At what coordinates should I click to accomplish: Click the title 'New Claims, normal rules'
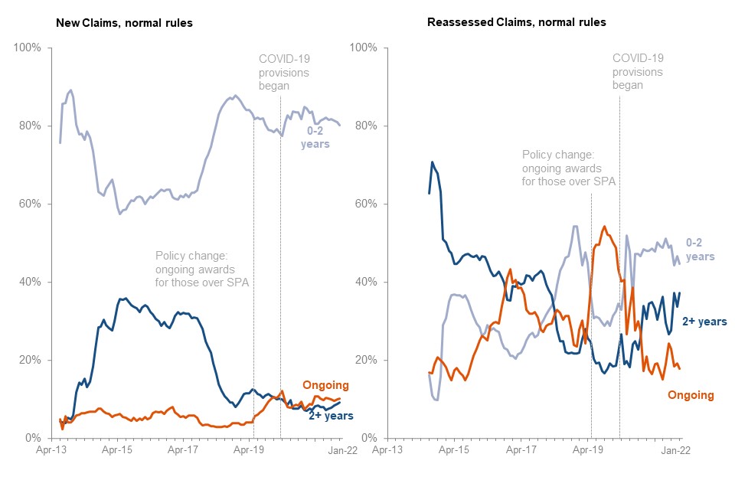pyautogui.click(x=124, y=23)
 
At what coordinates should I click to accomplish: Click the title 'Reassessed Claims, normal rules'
pyautogui.click(x=516, y=22)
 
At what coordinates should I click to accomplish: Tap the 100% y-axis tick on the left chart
pyautogui.click(x=29, y=48)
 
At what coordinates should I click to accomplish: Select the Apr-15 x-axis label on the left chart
pyautogui.click(x=117, y=451)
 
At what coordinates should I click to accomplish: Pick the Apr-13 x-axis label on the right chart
pyautogui.click(x=387, y=451)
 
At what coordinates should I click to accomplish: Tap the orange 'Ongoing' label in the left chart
pyautogui.click(x=325, y=385)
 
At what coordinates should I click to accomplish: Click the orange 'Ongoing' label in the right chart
pyautogui.click(x=690, y=395)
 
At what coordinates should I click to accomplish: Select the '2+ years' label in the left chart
pyautogui.click(x=331, y=416)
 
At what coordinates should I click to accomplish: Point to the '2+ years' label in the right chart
pyautogui.click(x=704, y=322)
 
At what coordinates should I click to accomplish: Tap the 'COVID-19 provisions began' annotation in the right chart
pyautogui.click(x=638, y=70)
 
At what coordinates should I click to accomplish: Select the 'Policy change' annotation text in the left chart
pyautogui.click(x=202, y=270)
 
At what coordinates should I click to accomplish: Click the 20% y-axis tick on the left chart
pyautogui.click(x=33, y=361)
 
